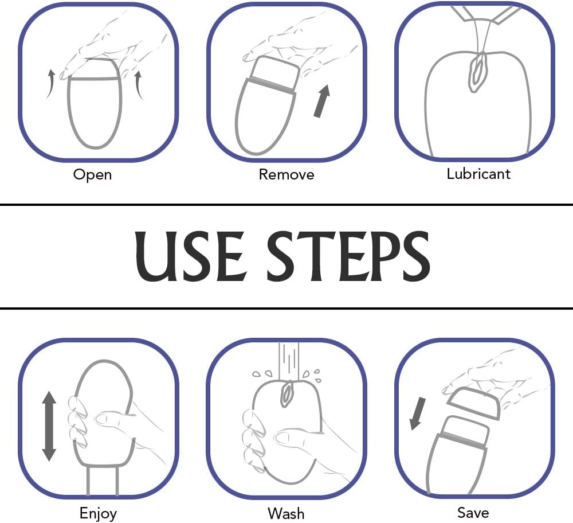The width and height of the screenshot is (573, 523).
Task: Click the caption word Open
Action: (92, 175)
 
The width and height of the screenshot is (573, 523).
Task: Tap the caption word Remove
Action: (286, 174)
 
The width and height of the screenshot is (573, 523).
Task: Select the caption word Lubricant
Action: (478, 174)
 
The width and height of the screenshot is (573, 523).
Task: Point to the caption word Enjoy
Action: (99, 513)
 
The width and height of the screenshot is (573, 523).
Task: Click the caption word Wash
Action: (286, 513)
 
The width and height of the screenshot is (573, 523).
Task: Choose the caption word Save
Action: (473, 513)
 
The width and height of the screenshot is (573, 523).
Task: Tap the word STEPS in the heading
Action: (348, 256)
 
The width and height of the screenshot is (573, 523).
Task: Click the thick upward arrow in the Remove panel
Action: (322, 101)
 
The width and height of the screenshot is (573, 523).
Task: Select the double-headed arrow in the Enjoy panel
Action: (49, 426)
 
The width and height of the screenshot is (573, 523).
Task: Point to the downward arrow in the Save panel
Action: (417, 413)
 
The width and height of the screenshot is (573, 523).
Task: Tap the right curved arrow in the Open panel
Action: (139, 85)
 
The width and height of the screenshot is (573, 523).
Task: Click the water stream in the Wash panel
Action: (289, 361)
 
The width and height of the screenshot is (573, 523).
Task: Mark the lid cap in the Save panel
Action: (473, 403)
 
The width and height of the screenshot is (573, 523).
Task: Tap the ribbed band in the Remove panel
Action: (272, 85)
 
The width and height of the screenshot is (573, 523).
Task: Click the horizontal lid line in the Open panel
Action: (95, 79)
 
